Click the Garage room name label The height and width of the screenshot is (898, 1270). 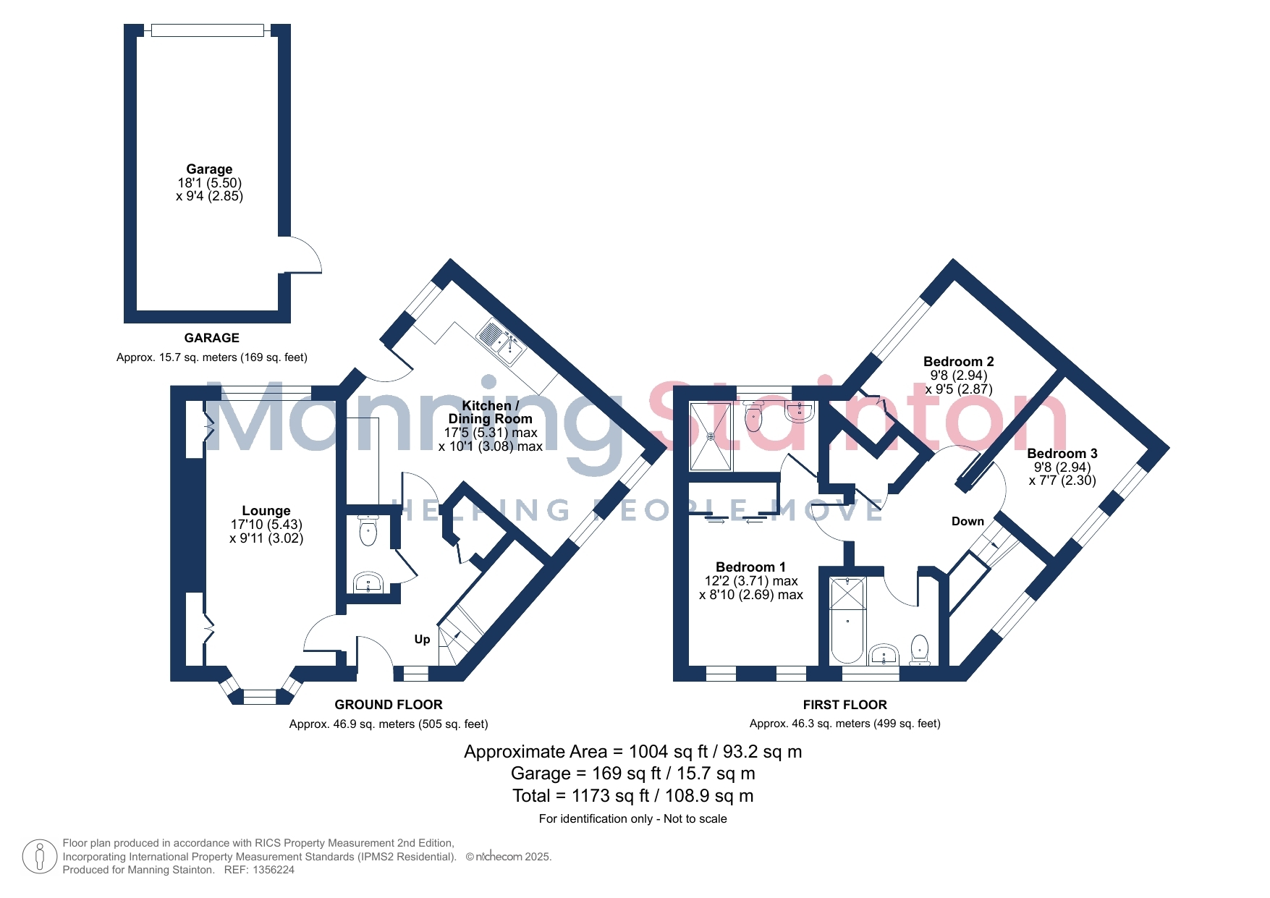point(209,169)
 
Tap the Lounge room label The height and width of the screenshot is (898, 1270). point(266,511)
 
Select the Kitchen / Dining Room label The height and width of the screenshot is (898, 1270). point(490,412)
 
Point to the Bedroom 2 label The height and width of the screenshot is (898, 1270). point(958,362)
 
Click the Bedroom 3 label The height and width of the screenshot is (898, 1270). point(1062,454)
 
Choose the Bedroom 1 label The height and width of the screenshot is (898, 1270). point(750,567)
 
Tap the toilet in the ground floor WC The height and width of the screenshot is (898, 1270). point(368,530)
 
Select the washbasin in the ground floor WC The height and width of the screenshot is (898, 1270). point(368,583)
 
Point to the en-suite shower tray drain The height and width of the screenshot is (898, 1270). point(711,436)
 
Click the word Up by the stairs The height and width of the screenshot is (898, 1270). point(422,639)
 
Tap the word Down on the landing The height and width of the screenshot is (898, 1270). point(968,521)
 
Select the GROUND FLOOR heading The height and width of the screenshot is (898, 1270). point(389,705)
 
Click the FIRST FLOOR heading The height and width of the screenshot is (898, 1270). point(844,705)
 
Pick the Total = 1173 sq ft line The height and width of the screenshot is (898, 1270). point(633,796)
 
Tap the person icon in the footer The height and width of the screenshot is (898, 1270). point(40,857)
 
